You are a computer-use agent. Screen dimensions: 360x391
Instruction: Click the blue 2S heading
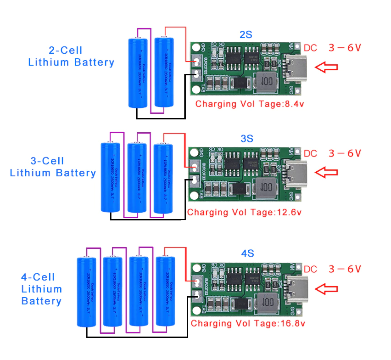(x=246, y=35)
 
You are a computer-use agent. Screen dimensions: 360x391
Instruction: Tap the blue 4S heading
(x=247, y=253)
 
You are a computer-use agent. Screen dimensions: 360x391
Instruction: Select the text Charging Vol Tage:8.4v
(x=250, y=104)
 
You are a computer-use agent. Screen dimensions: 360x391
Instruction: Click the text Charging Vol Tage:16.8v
(x=248, y=323)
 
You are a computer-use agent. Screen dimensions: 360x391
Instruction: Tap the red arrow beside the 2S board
(x=326, y=67)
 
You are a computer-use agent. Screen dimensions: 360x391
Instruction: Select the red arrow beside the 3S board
(x=326, y=173)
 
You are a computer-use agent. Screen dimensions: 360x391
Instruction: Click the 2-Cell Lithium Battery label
(x=71, y=56)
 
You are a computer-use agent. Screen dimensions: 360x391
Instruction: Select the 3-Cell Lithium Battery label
(x=53, y=167)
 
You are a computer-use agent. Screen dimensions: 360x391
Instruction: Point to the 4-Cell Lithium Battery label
(x=41, y=289)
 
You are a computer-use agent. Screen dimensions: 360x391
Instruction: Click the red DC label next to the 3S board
(x=311, y=154)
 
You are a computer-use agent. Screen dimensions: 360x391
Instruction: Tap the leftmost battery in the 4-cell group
(x=86, y=292)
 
